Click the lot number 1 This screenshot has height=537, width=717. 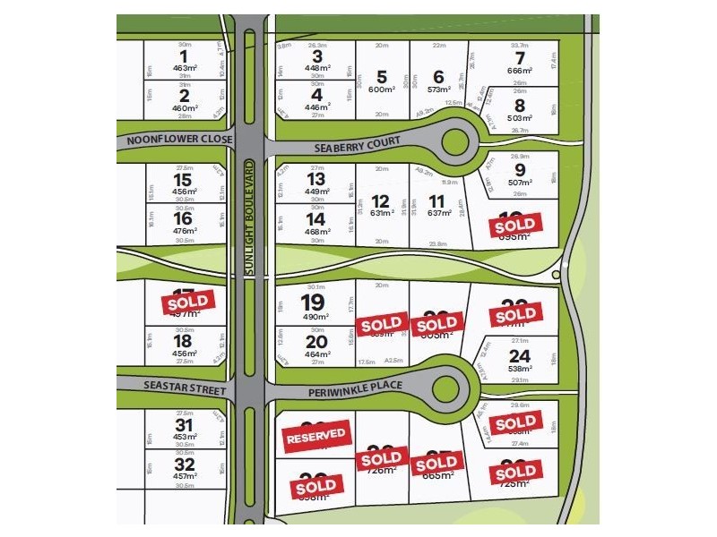[x=183, y=56]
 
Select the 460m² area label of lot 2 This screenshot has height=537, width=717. [x=184, y=107]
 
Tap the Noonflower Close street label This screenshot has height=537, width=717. [x=180, y=140]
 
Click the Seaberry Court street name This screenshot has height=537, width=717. [x=356, y=145]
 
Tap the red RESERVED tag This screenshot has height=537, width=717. [x=315, y=436]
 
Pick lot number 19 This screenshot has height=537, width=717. [x=313, y=303]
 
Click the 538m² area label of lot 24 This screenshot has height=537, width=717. [x=520, y=367]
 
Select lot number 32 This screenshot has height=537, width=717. [x=184, y=465]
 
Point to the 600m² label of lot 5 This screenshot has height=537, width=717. [x=383, y=89]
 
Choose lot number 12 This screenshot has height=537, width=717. [x=381, y=200]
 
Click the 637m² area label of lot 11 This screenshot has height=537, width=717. [x=438, y=213]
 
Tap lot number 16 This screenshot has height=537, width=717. [x=184, y=217]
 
